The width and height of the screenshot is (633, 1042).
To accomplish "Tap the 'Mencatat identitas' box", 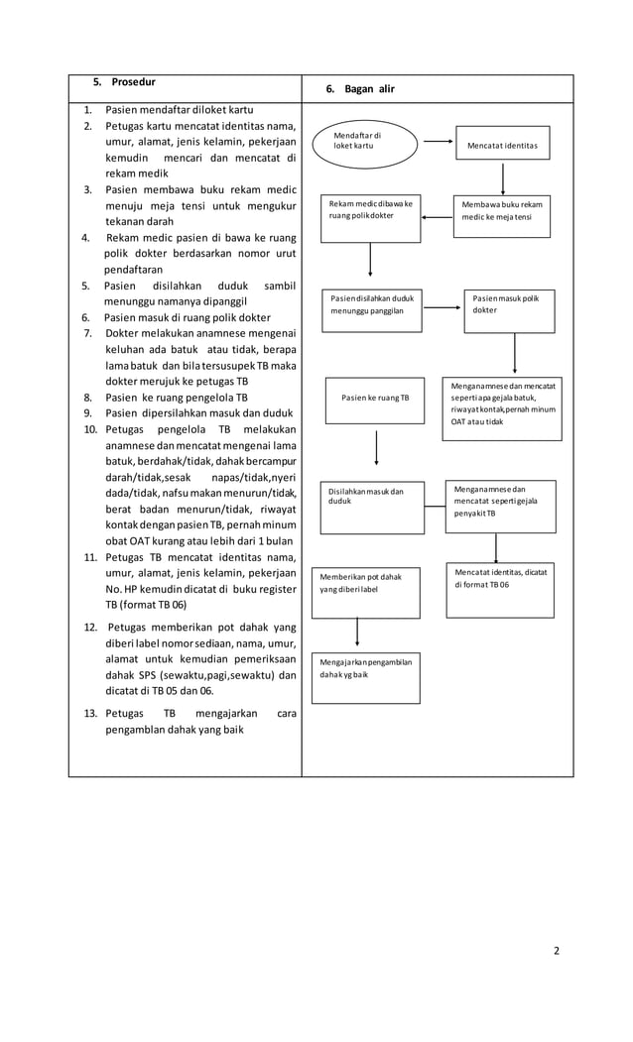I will tap(502, 146).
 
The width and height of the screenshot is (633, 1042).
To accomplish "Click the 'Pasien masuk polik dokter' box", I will tap(509, 311).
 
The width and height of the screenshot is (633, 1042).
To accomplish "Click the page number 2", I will tap(556, 951).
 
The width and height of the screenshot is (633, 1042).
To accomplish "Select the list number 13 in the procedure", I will tap(89, 713).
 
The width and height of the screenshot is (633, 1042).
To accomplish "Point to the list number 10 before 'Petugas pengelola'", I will tap(89, 429).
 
